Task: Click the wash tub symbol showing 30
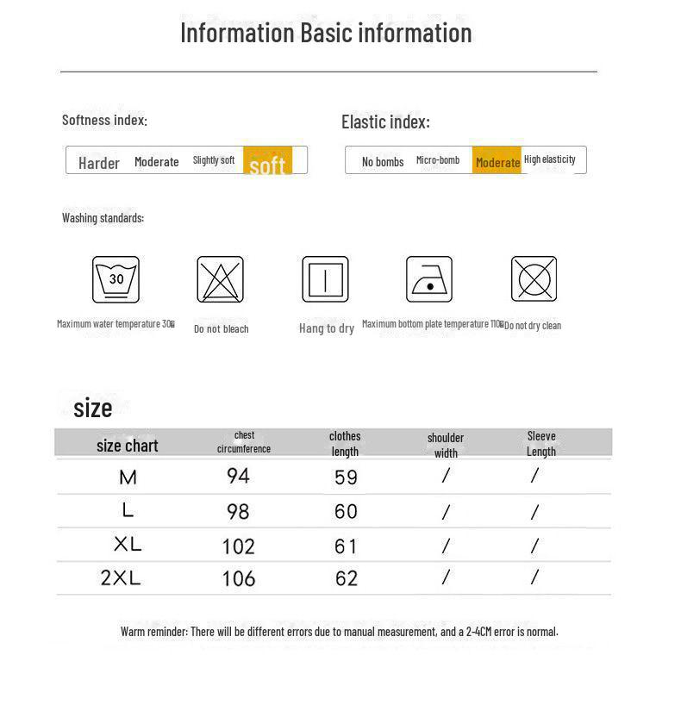click(116, 279)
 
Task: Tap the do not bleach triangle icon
click(220, 279)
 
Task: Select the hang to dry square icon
click(325, 279)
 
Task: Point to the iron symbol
click(429, 279)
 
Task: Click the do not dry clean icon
click(534, 279)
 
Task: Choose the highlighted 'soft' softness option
click(267, 162)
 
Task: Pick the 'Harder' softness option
click(99, 163)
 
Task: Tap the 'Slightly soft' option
click(214, 160)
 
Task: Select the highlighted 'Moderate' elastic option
click(497, 162)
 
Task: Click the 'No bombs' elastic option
click(383, 162)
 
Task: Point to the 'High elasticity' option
click(550, 159)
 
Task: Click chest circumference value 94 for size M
click(238, 476)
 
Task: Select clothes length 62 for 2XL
click(346, 578)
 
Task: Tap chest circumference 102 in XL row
click(239, 546)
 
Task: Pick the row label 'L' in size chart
click(128, 510)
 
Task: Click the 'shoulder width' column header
click(446, 445)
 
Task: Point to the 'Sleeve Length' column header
click(541, 444)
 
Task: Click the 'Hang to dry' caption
click(327, 328)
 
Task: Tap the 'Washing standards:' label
click(103, 218)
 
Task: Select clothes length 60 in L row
click(346, 511)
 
